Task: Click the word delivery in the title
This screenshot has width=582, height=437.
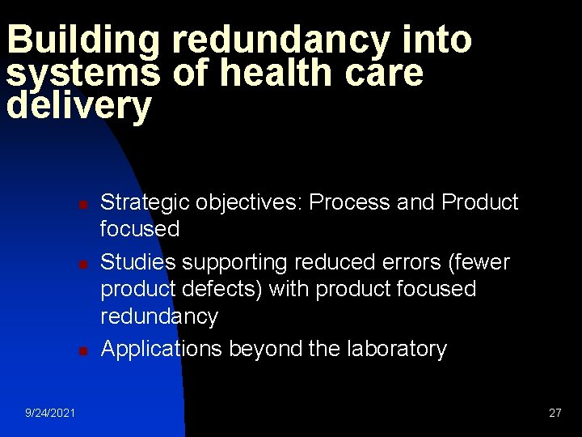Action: tap(78, 106)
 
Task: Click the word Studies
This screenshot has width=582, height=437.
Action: tap(137, 262)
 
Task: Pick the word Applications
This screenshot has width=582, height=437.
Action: tap(162, 349)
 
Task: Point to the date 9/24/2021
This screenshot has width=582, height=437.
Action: tap(50, 413)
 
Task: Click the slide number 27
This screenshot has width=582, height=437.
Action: tap(555, 413)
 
